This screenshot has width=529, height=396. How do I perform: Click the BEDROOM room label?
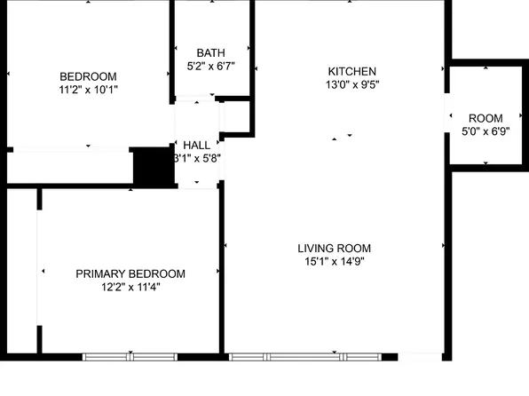click(x=88, y=76)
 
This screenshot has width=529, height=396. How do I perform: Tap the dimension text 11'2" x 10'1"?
click(x=88, y=89)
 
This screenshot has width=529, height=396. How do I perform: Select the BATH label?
click(x=210, y=53)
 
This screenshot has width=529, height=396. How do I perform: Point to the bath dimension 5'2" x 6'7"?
click(x=210, y=67)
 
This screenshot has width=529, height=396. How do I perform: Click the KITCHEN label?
click(x=352, y=72)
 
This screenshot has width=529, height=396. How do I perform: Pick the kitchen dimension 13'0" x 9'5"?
click(x=352, y=85)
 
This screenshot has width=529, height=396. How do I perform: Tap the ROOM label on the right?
click(x=486, y=118)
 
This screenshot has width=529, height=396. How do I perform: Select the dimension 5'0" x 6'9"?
click(x=486, y=131)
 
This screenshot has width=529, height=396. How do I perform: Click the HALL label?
click(x=196, y=145)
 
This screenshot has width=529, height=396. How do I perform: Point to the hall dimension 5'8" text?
click(x=196, y=159)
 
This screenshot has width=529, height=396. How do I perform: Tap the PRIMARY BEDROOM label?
click(x=130, y=273)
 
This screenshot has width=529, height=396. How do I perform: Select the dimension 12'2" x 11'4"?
click(x=130, y=287)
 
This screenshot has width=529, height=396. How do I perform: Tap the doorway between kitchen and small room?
click(x=446, y=116)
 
